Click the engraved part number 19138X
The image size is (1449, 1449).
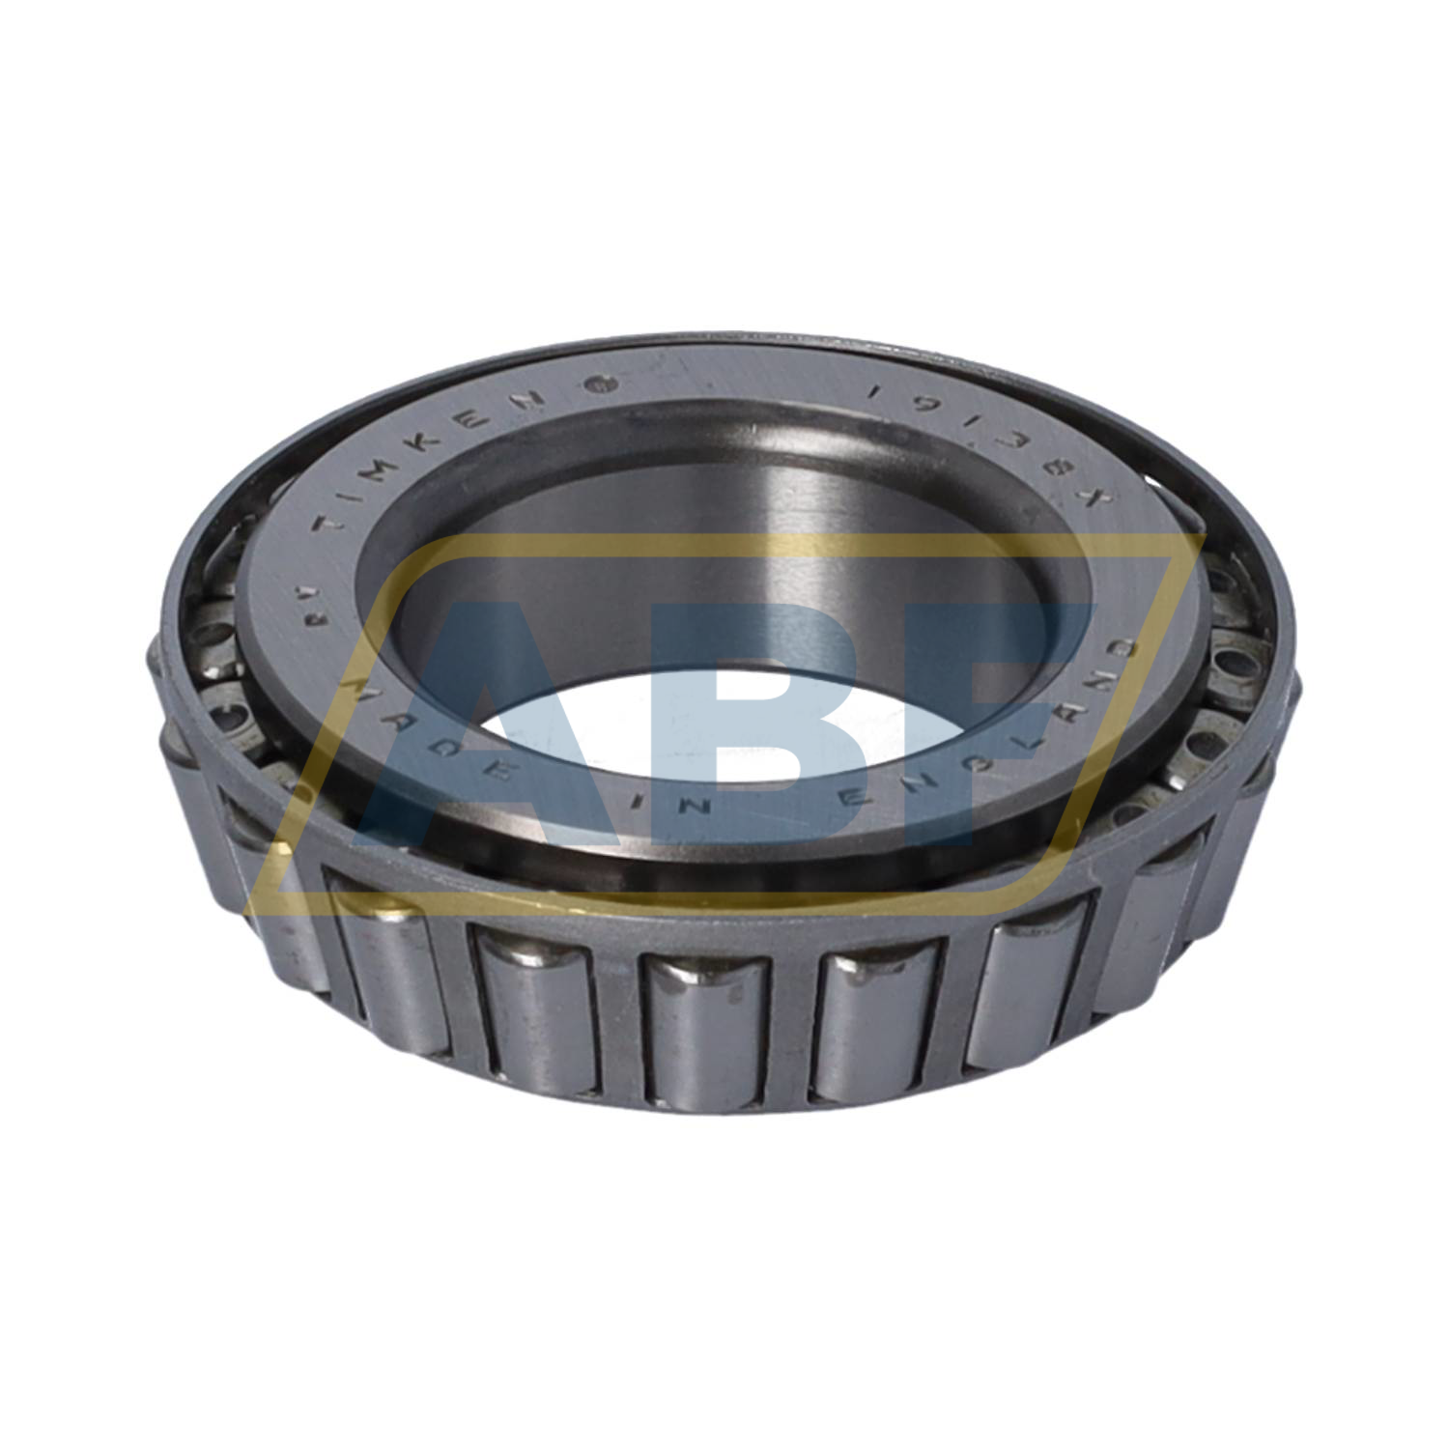click(995, 443)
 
